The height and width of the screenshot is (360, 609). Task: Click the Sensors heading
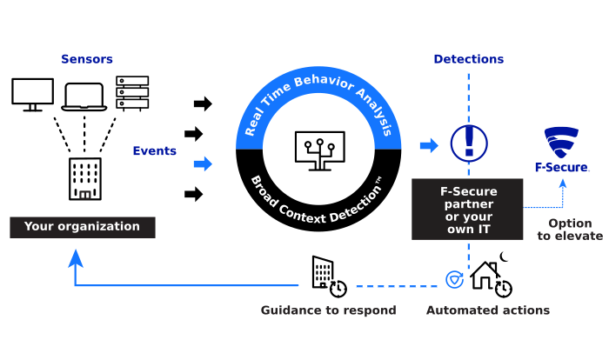pos(87,59)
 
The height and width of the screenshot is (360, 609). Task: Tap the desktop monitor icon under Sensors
pos(33,95)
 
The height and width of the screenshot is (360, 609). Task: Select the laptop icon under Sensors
pos(84,97)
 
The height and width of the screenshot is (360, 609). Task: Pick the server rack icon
pos(132,93)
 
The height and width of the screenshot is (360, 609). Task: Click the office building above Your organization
pos(85,178)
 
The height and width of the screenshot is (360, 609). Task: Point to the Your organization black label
pos(83,227)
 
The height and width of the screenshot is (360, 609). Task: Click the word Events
pos(155,150)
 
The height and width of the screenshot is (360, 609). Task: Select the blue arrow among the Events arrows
pos(203,163)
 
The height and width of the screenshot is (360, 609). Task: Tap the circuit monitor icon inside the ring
pos(319,151)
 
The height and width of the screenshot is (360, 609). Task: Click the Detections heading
pos(468,59)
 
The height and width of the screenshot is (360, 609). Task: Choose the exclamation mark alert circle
pos(469,143)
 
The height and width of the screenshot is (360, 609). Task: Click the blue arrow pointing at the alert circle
pos(429,145)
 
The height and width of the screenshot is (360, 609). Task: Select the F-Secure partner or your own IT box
pos(467,210)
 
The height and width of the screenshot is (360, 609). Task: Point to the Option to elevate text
pos(570,230)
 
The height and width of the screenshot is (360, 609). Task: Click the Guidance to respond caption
pos(329,310)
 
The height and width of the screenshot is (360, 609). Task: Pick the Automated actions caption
pos(488,310)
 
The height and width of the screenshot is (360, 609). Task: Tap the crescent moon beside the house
pos(504,257)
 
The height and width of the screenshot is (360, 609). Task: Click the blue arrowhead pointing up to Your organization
pos(76,258)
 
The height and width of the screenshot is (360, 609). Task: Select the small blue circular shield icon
pos(454,280)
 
